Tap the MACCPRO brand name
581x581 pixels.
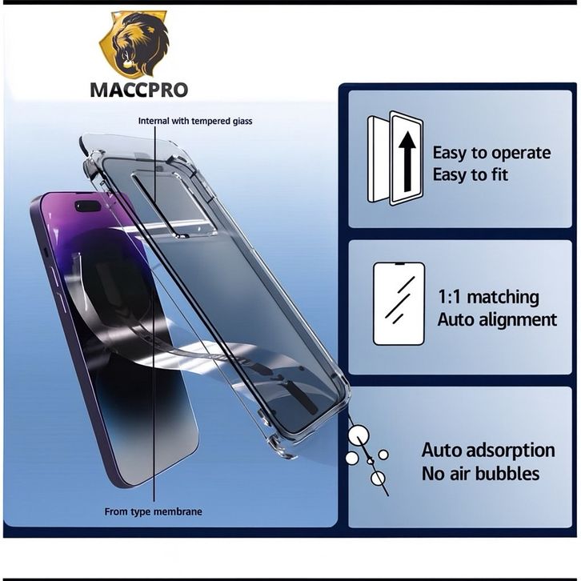tap(138, 89)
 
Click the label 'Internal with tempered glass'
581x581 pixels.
tap(195, 121)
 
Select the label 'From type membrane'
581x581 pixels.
tap(153, 511)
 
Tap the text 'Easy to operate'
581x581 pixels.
tap(491, 152)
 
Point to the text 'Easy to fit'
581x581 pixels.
tap(470, 174)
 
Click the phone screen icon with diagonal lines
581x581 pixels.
tap(399, 303)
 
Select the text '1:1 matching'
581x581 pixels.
tap(488, 298)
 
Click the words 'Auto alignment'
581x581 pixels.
tap(497, 319)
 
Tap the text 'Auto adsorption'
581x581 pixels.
tap(488, 450)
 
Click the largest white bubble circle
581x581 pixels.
tap(358, 435)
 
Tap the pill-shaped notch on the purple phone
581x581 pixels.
tap(87, 206)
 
